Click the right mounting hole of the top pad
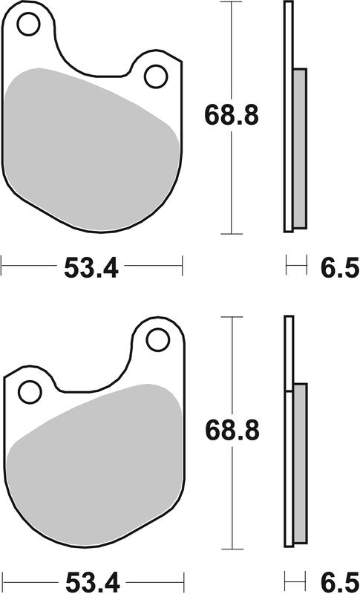156,76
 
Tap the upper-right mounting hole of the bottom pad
157,340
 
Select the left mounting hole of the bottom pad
30,391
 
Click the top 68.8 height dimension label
232,116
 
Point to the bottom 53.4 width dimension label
91,580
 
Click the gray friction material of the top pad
89,141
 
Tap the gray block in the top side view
299,148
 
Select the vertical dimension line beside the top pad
232,45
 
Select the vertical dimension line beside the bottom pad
232,356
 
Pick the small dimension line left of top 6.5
295,262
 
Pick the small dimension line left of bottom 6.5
295,575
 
